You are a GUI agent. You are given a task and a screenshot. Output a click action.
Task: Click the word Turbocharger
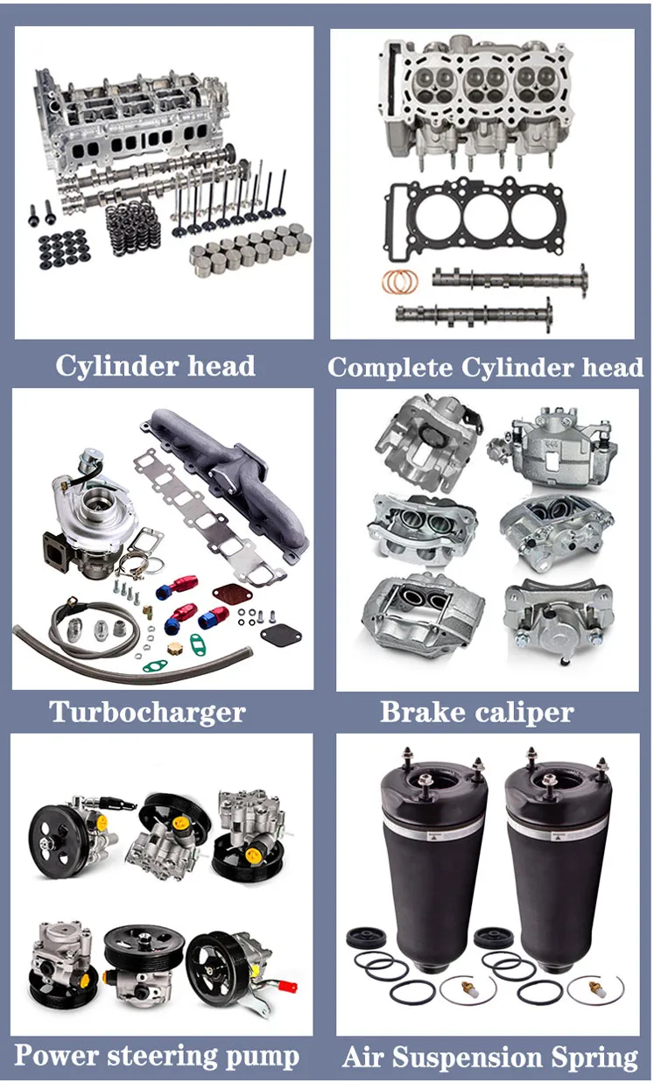[147, 711]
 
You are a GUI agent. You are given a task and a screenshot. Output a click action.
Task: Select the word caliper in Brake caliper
[522, 713]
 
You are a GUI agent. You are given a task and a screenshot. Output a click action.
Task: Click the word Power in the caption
[56, 1056]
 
